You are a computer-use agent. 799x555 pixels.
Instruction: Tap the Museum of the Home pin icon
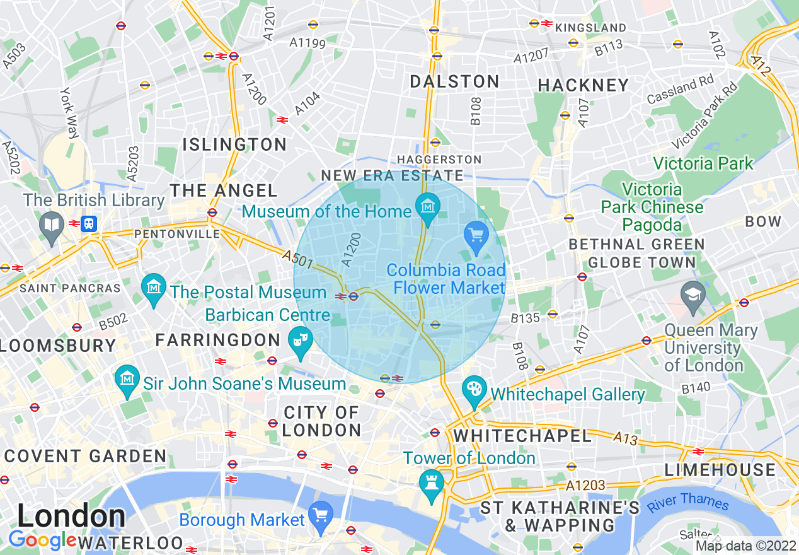tap(428, 206)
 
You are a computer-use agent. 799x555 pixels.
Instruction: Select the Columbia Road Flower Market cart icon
tap(476, 235)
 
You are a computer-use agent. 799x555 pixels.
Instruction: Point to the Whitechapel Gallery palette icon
tap(473, 388)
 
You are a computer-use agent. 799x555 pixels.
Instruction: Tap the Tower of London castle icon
tap(432, 482)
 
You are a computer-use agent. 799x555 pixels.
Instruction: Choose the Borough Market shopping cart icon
tap(322, 514)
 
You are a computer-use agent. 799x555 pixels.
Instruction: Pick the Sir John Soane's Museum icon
tap(128, 378)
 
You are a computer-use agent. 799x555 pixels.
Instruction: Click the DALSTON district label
tap(454, 81)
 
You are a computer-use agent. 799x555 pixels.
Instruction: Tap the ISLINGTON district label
tap(234, 144)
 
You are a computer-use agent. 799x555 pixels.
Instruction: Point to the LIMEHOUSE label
tap(721, 470)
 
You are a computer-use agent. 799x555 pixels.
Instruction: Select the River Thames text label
tap(687, 502)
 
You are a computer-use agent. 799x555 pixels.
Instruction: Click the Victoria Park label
tap(703, 164)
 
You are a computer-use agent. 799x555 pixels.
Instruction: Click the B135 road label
tap(525, 318)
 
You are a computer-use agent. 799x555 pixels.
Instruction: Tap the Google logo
tap(42, 540)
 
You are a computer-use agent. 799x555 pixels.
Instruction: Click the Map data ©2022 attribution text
tap(746, 546)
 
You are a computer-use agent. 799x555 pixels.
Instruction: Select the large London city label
tap(71, 517)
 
